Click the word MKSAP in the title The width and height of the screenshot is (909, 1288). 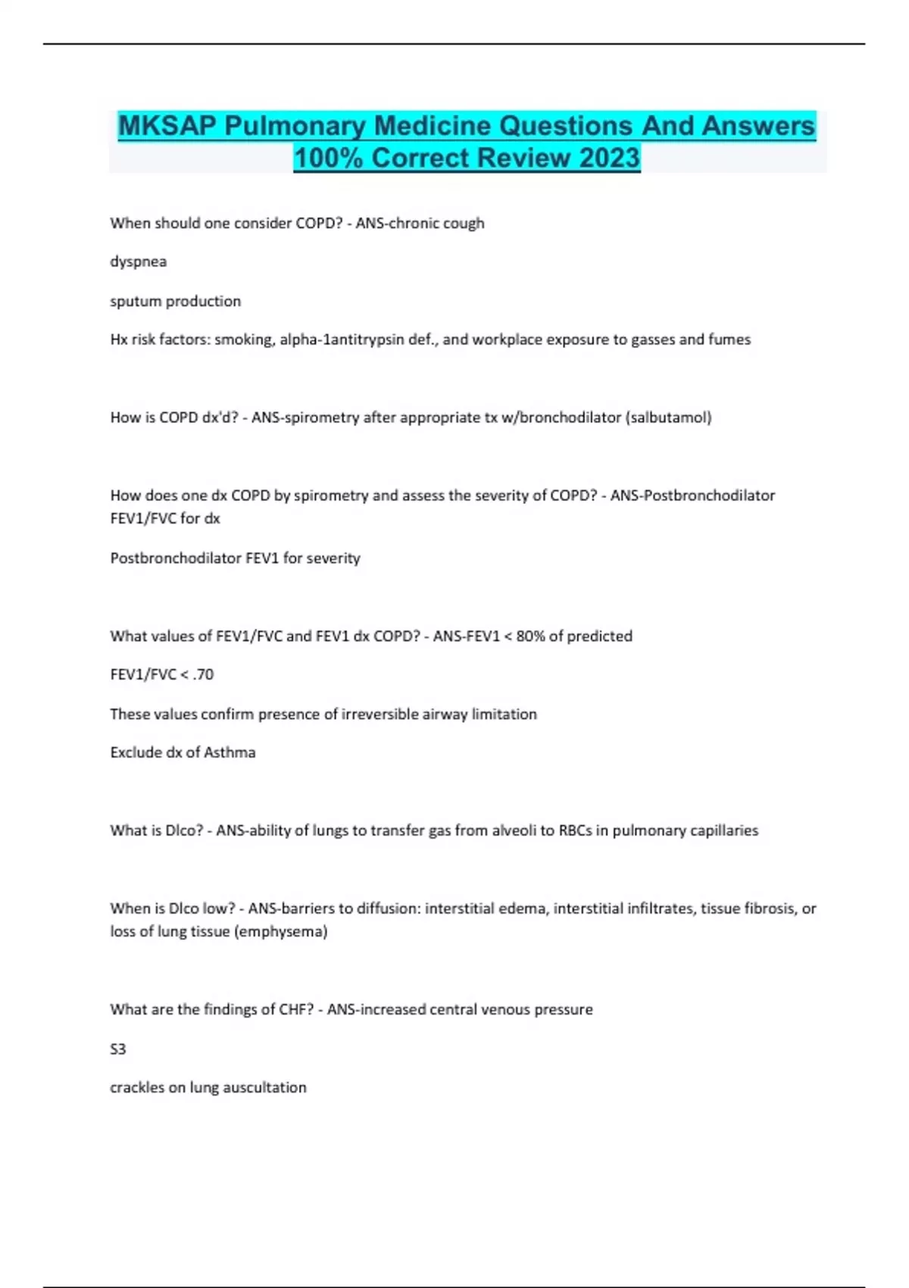(x=167, y=126)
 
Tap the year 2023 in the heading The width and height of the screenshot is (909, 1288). (x=610, y=158)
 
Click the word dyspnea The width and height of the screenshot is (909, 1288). (x=138, y=261)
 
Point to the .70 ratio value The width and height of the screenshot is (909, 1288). (x=203, y=674)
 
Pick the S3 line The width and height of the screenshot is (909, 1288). (x=118, y=1049)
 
